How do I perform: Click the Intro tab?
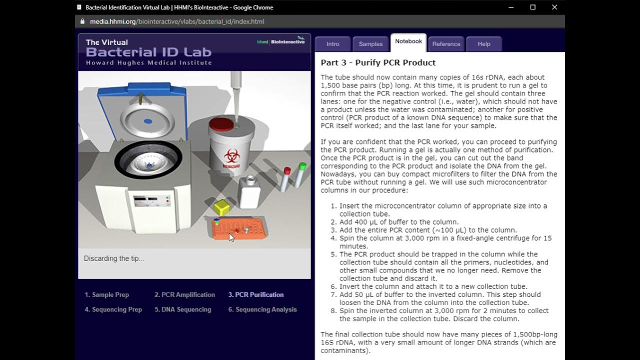[x=333, y=44]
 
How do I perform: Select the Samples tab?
[x=370, y=44]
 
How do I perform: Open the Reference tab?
[x=446, y=44]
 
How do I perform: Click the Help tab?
[x=483, y=44]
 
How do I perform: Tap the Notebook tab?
[x=408, y=41]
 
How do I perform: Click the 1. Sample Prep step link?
[x=107, y=295]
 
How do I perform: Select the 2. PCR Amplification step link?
[x=184, y=295]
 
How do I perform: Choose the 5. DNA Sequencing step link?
[x=182, y=309]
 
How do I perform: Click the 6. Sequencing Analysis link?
[x=262, y=309]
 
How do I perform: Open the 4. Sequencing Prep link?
[x=113, y=309]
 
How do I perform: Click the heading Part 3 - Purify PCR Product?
[x=378, y=62]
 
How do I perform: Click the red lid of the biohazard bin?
[x=221, y=124]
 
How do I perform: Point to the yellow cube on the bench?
[x=221, y=207]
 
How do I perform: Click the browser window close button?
[x=554, y=7]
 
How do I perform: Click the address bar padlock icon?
[x=83, y=21]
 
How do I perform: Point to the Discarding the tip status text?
[x=114, y=258]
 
